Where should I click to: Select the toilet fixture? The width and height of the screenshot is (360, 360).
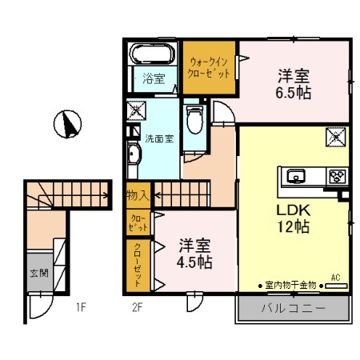click(194, 120)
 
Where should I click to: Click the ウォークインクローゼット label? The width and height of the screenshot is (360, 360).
click(210, 66)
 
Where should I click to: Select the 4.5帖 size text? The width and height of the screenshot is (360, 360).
click(195, 262)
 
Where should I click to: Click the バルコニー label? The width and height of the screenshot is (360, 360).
click(291, 309)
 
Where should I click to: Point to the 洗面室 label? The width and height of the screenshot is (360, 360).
click(158, 138)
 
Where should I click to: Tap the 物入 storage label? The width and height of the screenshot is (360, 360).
click(137, 194)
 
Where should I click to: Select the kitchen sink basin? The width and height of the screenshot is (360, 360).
click(294, 176)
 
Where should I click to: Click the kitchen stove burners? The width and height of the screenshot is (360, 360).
click(336, 176)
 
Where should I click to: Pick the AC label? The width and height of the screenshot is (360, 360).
click(335, 277)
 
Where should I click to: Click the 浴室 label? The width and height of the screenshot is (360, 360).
click(154, 78)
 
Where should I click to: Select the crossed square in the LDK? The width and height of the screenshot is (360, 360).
click(334, 137)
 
